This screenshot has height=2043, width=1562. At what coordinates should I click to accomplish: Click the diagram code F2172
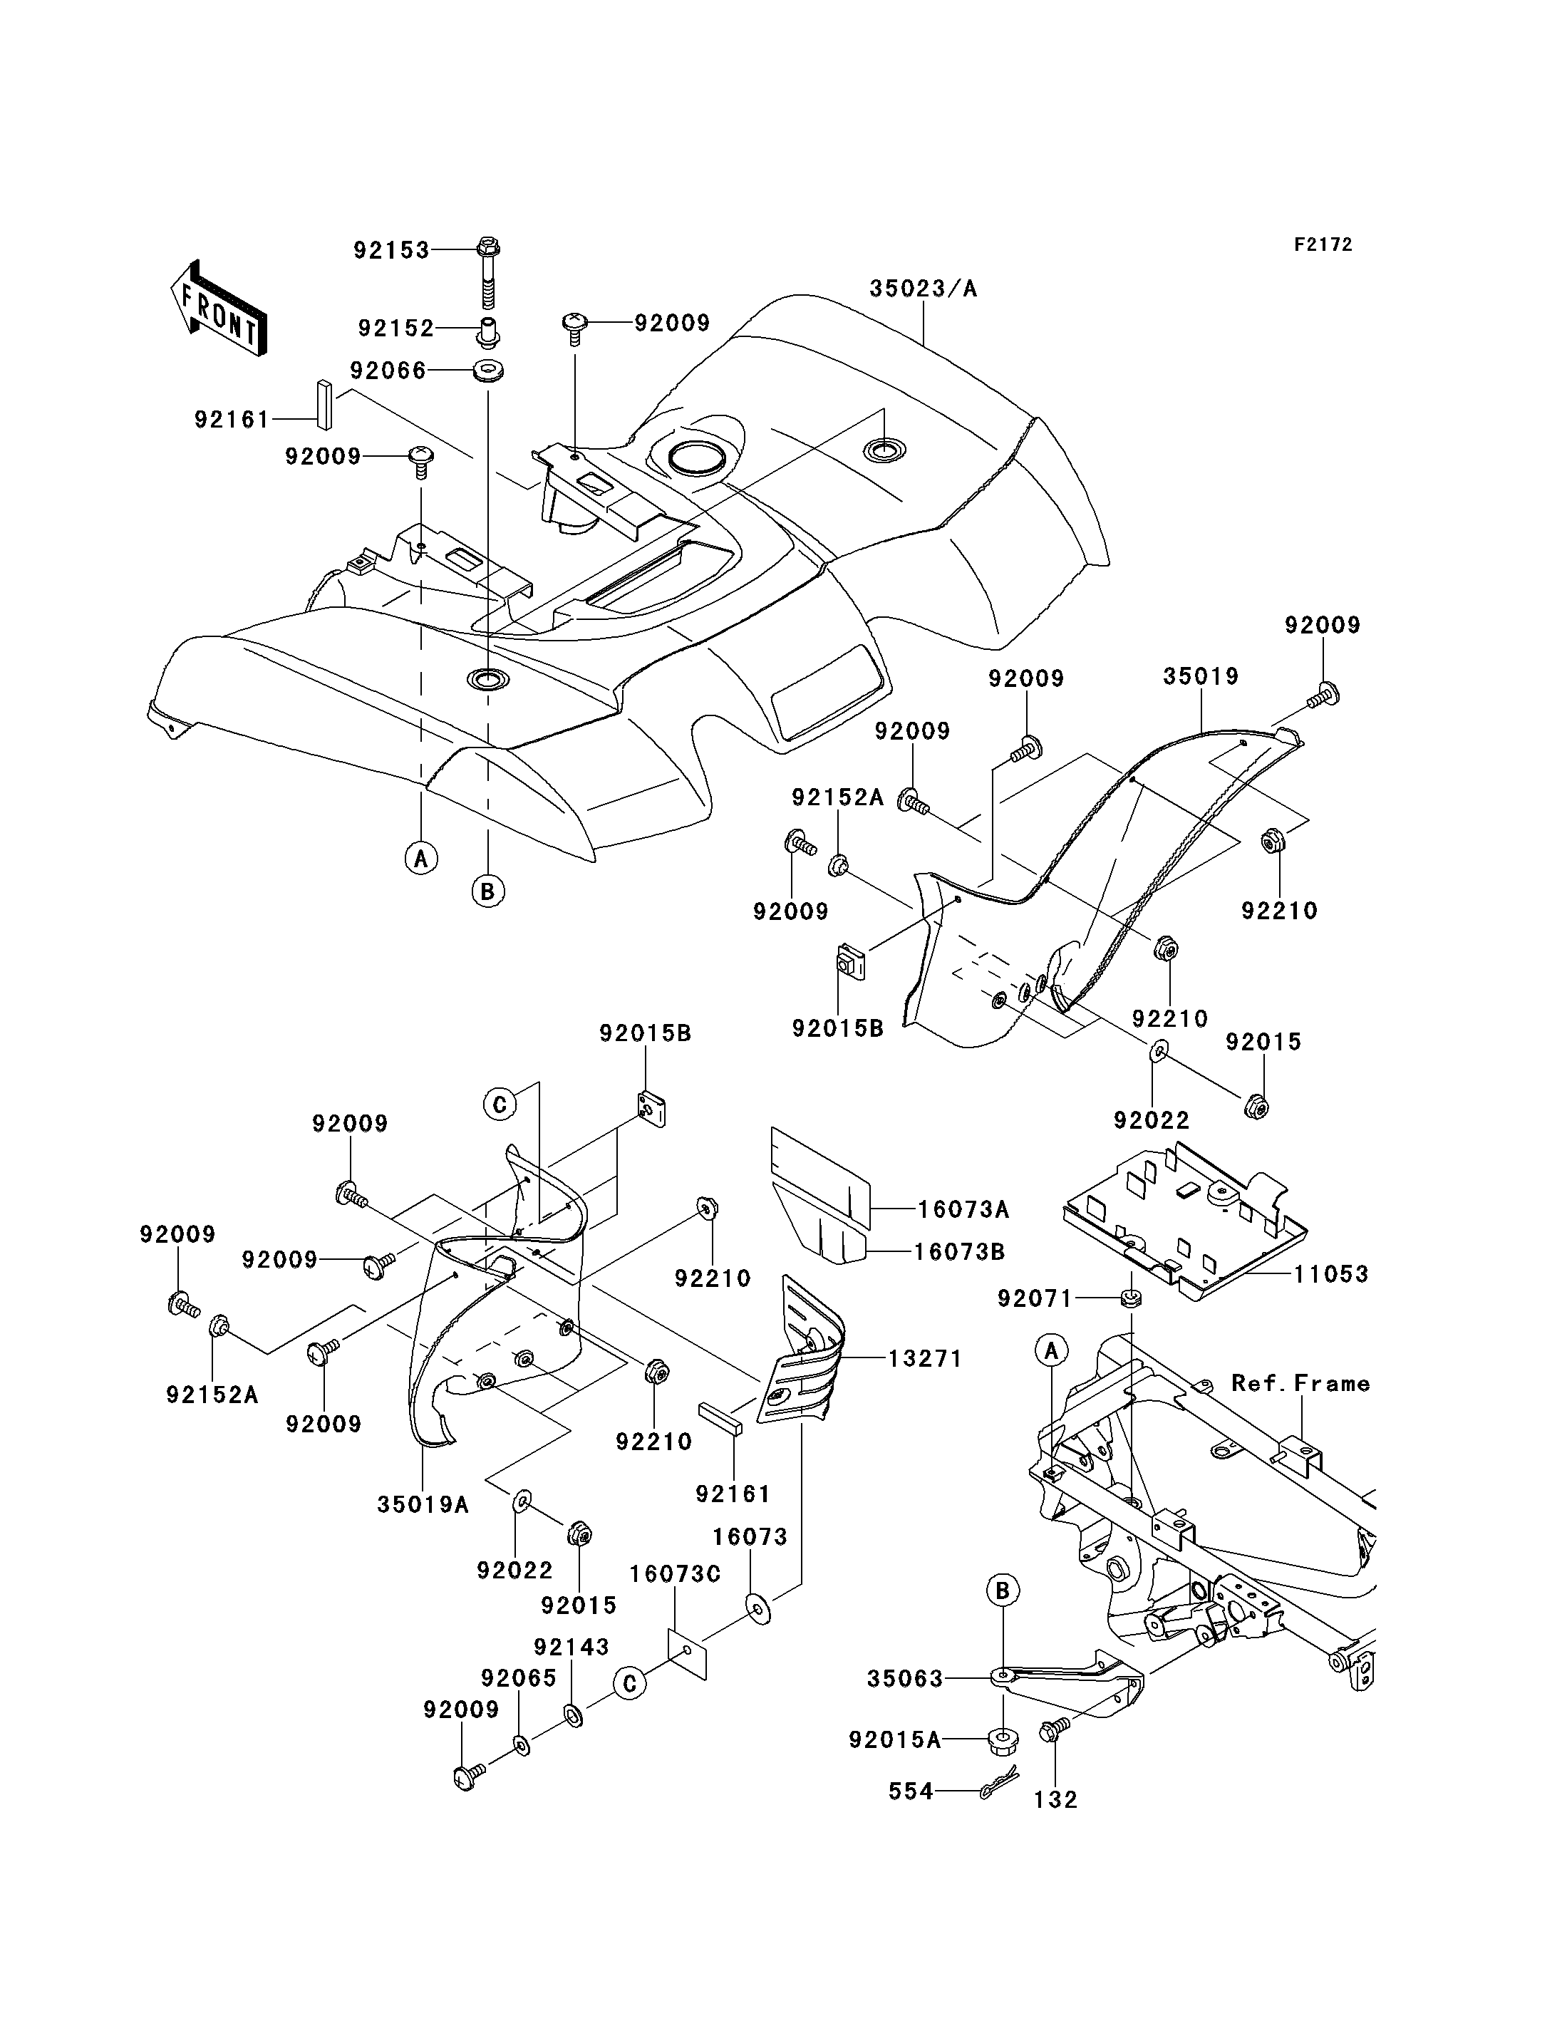click(x=1324, y=244)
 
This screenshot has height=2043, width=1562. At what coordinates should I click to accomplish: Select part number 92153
click(x=391, y=250)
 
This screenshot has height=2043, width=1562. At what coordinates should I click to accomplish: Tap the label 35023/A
click(x=924, y=289)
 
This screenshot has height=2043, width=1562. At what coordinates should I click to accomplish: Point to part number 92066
click(x=388, y=371)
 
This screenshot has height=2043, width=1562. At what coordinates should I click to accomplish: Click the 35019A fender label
click(x=423, y=1504)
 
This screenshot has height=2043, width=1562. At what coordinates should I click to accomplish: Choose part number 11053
click(x=1331, y=1274)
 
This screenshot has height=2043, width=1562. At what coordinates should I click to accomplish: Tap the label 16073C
click(x=675, y=1574)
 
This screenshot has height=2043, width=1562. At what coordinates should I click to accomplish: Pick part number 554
click(x=911, y=1791)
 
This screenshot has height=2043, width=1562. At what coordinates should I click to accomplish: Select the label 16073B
click(x=960, y=1251)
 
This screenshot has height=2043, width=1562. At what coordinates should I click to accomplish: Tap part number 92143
click(x=571, y=1647)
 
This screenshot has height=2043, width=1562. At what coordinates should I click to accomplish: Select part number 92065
click(x=519, y=1678)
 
